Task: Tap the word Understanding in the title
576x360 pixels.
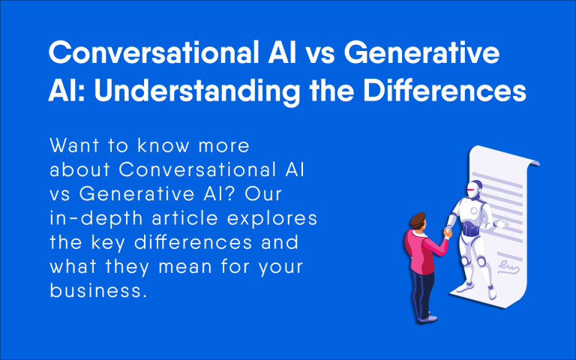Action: (x=198, y=92)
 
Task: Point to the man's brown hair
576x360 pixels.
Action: (x=418, y=220)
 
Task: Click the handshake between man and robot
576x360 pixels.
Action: (x=447, y=232)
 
